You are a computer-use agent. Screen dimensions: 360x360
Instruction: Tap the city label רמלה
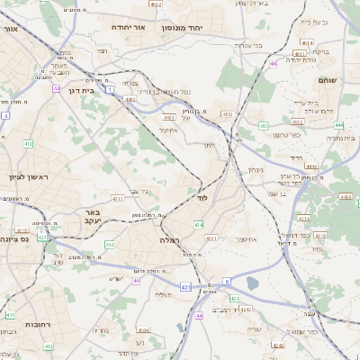pyautogui.click(x=171, y=240)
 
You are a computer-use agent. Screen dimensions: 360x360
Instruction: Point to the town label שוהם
pyautogui.click(x=327, y=81)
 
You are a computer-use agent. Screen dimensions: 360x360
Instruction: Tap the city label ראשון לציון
pyautogui.click(x=25, y=177)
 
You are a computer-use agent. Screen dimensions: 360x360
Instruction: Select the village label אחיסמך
pyautogui.click(x=237, y=240)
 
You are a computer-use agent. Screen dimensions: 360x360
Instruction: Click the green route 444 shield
pyautogui.click(x=311, y=166)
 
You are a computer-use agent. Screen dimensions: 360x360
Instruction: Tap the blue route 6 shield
pyautogui.click(x=228, y=282)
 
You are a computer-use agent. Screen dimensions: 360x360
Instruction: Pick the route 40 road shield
pyautogui.click(x=137, y=281)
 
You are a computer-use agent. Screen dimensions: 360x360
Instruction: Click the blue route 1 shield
pyautogui.click(x=109, y=89)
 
